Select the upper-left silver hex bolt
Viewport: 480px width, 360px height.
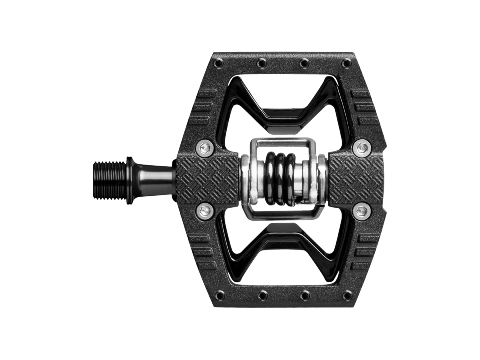pyautogui.click(x=205, y=147)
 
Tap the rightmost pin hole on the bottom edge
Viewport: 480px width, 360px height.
pyautogui.click(x=346, y=296)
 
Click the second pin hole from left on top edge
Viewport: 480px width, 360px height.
pyautogui.click(x=261, y=63)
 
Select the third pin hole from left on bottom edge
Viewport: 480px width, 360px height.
pyautogui.click(x=304, y=296)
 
